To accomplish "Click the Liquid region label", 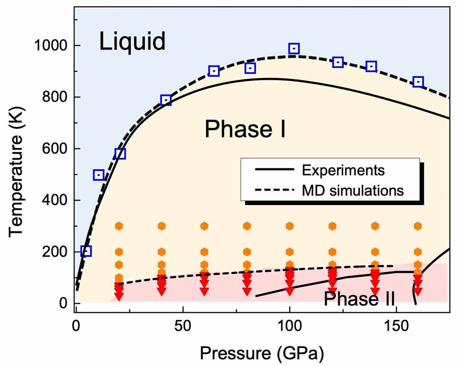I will tap(132, 42).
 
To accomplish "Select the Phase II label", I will tap(359, 299).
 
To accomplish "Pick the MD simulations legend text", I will tap(353, 189).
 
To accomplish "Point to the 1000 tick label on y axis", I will tap(51, 46).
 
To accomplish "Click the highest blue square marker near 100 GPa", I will tap(294, 48).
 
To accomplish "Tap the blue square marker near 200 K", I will tap(86, 251).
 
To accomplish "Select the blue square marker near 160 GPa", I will tap(418, 82).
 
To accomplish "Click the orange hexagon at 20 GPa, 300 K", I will tap(119, 226).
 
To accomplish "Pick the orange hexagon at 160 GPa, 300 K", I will tap(418, 226).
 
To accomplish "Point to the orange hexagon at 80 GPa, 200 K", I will tap(247, 252).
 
